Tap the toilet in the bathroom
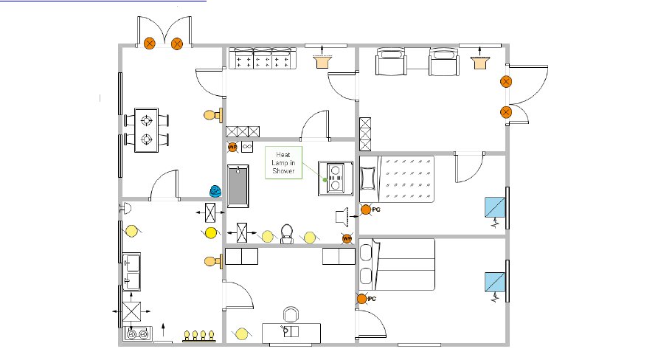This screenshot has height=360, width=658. point(288,233)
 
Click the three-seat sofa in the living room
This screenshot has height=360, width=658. point(262,59)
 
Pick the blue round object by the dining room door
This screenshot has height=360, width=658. point(215,191)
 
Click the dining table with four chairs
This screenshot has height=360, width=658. point(148,129)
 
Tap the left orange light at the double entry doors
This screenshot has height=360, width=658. point(150,44)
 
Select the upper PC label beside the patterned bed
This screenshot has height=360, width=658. point(375,210)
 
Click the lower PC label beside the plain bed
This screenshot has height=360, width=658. point(373,299)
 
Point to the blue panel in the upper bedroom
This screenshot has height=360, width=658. point(494,207)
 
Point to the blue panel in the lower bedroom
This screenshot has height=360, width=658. point(494,282)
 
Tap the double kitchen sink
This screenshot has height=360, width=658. point(134,271)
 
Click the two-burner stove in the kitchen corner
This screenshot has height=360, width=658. point(138,334)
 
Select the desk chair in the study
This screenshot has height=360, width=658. point(291,315)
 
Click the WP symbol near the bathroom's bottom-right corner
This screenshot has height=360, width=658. point(346,238)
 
